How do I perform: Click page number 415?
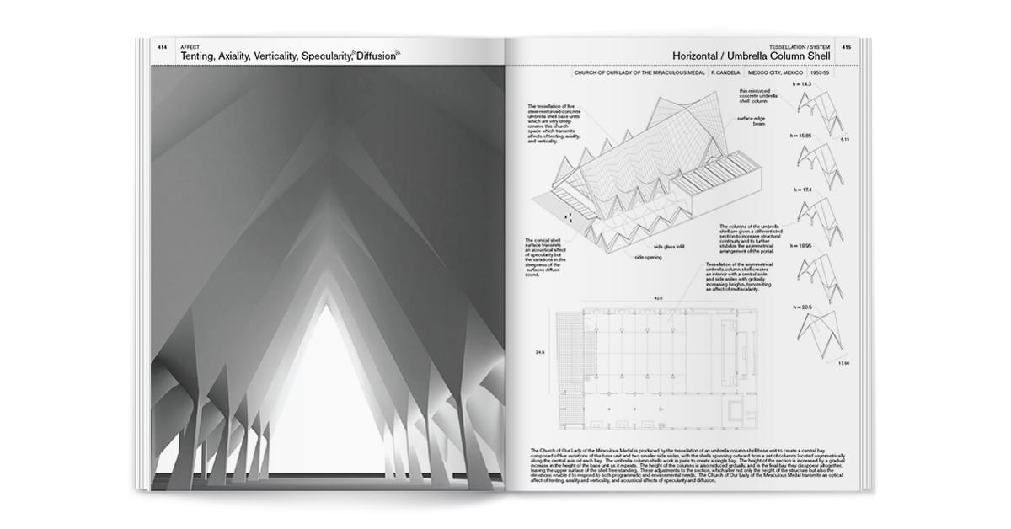click(x=846, y=47)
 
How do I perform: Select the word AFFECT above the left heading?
click(x=190, y=47)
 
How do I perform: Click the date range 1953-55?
click(x=819, y=72)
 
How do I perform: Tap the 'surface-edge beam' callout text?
click(x=752, y=121)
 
